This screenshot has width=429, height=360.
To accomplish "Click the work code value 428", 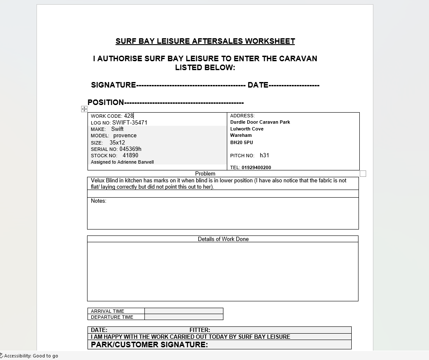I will click(128, 116).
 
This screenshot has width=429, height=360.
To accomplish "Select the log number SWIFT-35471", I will click(130, 122).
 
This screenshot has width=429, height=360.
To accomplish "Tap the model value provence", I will click(125, 136).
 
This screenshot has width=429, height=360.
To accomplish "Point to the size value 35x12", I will click(117, 143).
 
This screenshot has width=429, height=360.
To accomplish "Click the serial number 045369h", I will click(130, 149).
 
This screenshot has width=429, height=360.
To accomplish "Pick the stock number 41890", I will click(130, 156).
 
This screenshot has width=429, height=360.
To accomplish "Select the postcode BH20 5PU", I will click(241, 142).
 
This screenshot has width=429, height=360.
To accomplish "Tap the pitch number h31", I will click(264, 156).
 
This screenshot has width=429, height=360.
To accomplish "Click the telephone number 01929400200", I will click(256, 167).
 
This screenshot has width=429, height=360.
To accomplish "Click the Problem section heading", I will click(205, 173).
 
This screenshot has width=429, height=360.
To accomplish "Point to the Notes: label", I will click(99, 201).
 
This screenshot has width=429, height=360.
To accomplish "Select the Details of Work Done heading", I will click(223, 239).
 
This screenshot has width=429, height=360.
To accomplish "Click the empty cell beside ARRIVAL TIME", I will click(183, 311).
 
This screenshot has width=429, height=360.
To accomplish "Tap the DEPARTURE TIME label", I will click(112, 317).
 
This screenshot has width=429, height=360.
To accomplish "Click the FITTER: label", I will click(200, 330).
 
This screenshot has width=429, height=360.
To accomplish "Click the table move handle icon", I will click(84, 109).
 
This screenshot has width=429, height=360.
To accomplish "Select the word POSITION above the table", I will click(106, 102).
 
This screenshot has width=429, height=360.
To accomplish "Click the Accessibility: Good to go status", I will click(30, 356).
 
